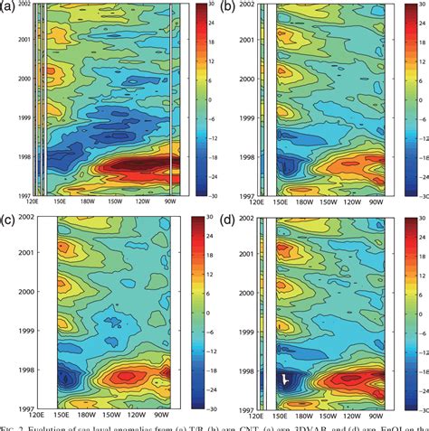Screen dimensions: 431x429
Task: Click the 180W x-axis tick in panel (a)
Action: click(91, 201)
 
